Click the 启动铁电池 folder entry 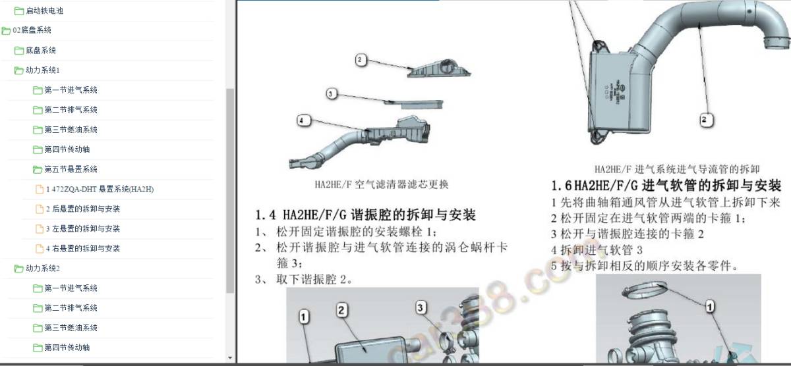[44, 11]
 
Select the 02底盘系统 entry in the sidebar [32, 30]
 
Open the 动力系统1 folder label [42, 70]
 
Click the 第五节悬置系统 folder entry [71, 169]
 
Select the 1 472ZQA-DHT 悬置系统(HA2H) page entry [100, 190]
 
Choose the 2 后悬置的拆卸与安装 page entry [82, 209]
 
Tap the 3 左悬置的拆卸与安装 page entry [82, 229]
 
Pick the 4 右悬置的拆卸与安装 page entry [82, 249]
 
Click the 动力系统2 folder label [42, 269]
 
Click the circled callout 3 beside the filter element [331, 94]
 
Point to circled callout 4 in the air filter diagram [302, 120]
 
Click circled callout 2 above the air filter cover [360, 60]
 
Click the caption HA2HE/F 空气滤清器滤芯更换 [382, 185]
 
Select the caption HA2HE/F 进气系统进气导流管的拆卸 [677, 169]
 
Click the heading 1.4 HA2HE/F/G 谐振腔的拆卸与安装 [365, 216]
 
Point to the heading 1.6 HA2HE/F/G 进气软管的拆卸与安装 [666, 186]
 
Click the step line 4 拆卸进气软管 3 [597, 251]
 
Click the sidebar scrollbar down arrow [229, 358]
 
